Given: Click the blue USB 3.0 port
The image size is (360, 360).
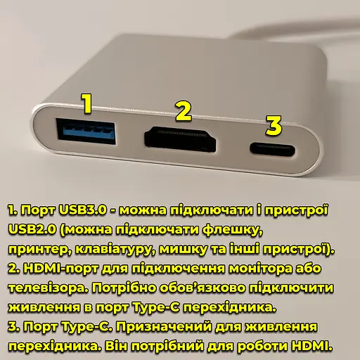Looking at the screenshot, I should pos(86,131).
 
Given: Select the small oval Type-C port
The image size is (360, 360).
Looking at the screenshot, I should pos(272,148).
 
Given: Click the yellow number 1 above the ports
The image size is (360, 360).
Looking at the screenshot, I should pos(86,103).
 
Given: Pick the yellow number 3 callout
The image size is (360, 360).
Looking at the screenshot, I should pos(274,126).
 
